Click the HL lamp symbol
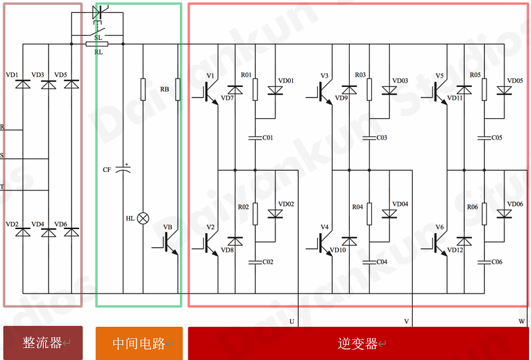[143, 219]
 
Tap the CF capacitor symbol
[123, 169]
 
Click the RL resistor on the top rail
[97, 44]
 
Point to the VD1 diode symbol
[23, 84]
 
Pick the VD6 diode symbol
[72, 232]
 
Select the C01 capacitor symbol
[256, 138]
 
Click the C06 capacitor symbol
[485, 262]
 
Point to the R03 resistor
[369, 90]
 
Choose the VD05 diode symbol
[504, 90]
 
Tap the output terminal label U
[292, 321]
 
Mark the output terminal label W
[522, 321]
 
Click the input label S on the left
[2, 155]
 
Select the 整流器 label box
[43, 343]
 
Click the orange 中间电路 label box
[139, 343]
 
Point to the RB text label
[165, 89]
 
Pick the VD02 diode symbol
[275, 214]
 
